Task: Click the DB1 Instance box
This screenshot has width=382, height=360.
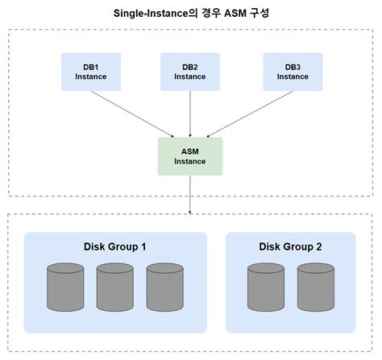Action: click(x=91, y=71)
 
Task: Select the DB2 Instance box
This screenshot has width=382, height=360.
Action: click(x=190, y=71)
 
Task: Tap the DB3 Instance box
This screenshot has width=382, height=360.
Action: click(x=291, y=71)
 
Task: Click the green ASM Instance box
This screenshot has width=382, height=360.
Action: click(x=190, y=156)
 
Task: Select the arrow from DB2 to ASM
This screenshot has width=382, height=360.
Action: click(x=190, y=114)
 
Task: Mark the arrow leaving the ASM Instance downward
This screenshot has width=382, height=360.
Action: click(x=190, y=193)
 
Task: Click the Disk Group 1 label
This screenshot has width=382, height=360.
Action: click(x=114, y=246)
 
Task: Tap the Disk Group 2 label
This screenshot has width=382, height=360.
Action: click(x=290, y=246)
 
